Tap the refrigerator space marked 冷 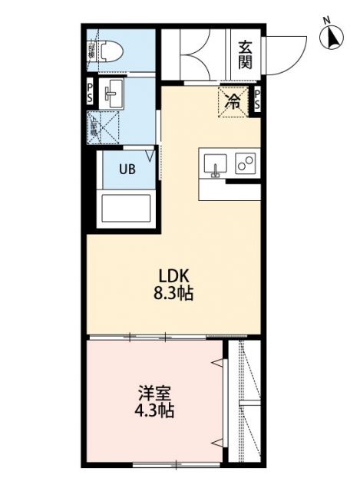(231, 100)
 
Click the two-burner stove (246, 163)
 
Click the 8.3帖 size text (175, 293)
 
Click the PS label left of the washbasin (89, 94)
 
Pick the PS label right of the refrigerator (257, 99)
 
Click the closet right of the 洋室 (245, 399)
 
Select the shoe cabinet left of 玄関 (195, 54)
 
